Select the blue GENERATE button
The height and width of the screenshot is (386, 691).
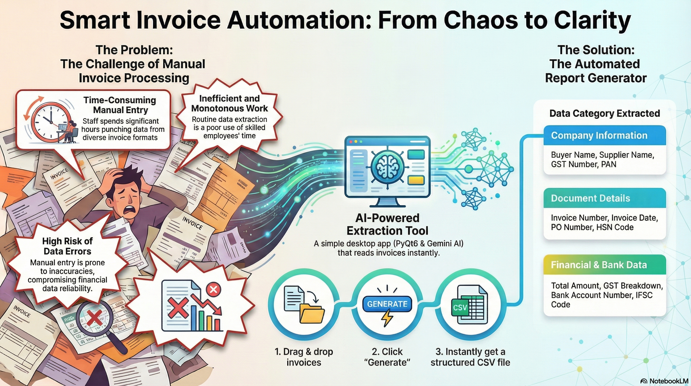(387, 304)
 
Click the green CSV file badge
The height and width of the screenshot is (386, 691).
(460, 308)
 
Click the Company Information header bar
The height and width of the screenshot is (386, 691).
(605, 135)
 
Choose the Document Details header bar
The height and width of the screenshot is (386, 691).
(605, 198)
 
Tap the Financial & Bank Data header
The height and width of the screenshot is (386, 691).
(605, 265)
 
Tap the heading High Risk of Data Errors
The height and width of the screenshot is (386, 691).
(67, 246)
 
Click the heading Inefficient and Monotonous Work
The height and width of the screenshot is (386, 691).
(229, 104)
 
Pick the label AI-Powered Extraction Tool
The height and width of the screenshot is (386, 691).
(387, 224)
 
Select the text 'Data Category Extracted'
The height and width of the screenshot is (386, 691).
(605, 113)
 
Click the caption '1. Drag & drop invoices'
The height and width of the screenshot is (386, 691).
(304, 357)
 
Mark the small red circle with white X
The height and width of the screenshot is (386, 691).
(213, 289)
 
